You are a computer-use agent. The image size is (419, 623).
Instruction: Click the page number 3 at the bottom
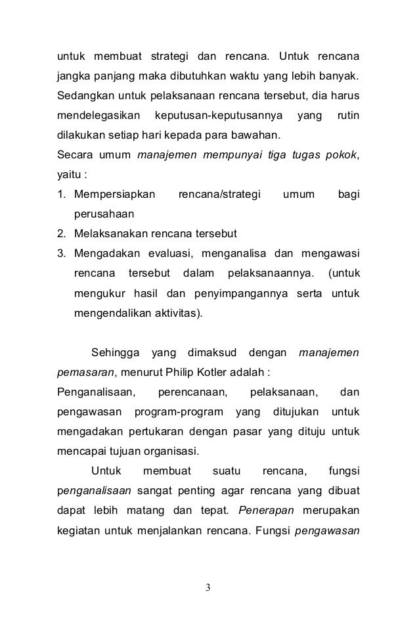click(x=209, y=587)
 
